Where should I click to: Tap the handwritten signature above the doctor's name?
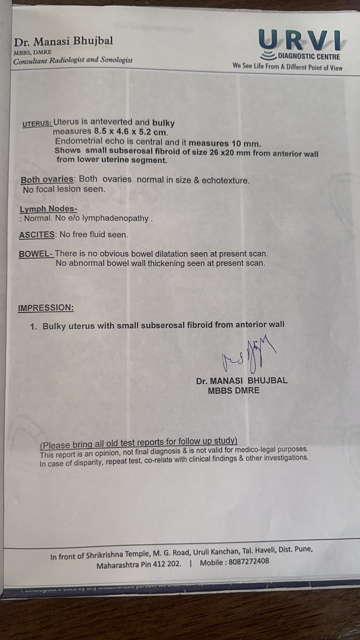[x=248, y=354]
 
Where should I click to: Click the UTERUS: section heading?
[x=37, y=124]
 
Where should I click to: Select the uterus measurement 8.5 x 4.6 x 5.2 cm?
[x=131, y=132]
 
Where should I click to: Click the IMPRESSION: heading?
[x=46, y=308]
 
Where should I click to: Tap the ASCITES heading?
[x=37, y=235]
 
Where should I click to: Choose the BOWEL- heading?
[x=36, y=254]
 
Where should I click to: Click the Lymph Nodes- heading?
[x=48, y=209]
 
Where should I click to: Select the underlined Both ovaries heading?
[x=47, y=180]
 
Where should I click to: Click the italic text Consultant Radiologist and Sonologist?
[x=72, y=61]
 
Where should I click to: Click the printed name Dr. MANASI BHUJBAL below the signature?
[x=241, y=381]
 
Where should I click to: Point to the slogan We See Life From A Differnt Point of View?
[x=287, y=67]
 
